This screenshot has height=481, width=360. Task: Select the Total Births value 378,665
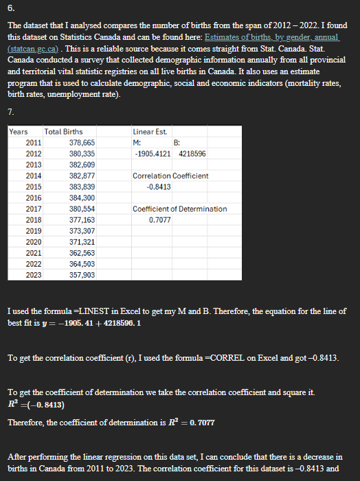click(82, 142)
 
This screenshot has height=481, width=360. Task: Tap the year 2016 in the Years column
click(33, 197)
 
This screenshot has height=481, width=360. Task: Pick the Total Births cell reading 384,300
click(82, 197)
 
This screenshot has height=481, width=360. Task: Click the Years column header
click(19, 131)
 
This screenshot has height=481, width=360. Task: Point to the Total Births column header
click(63, 131)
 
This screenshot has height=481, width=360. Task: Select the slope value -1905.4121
click(154, 153)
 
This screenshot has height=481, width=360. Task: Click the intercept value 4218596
click(192, 153)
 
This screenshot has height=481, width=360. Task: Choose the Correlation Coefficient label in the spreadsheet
click(170, 176)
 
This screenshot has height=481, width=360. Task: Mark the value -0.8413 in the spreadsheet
click(159, 186)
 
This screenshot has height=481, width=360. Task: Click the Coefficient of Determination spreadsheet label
click(179, 209)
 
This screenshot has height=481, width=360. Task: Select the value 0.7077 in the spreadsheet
click(160, 220)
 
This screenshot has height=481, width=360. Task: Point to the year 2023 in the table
click(33, 275)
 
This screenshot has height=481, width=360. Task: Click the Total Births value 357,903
click(82, 275)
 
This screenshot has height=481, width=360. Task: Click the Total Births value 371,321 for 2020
click(82, 242)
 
